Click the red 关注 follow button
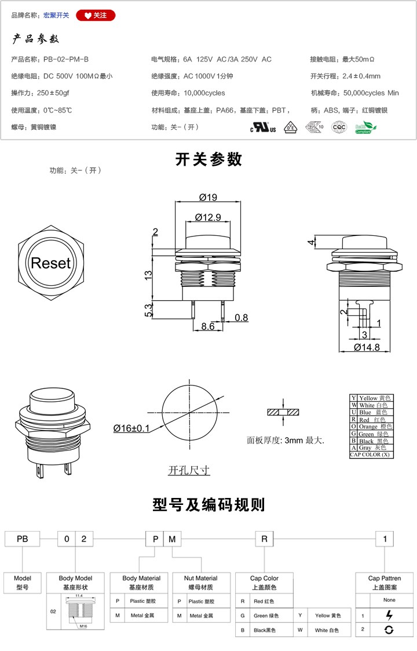click(96, 15)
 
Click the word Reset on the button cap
click(50, 263)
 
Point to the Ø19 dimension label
click(207, 198)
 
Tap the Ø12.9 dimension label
click(208, 217)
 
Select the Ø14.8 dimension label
click(367, 347)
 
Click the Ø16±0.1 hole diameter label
click(131, 428)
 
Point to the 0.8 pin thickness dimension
click(241, 318)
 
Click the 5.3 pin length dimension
click(148, 310)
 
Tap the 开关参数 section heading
click(209, 159)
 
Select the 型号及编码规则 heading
click(209, 504)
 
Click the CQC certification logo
click(338, 128)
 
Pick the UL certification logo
click(263, 128)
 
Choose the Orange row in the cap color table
click(371, 427)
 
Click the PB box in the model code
click(22, 539)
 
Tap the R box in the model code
click(264, 539)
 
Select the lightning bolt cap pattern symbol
click(389, 615)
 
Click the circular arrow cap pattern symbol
click(389, 630)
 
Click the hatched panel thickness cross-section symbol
click(283, 412)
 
